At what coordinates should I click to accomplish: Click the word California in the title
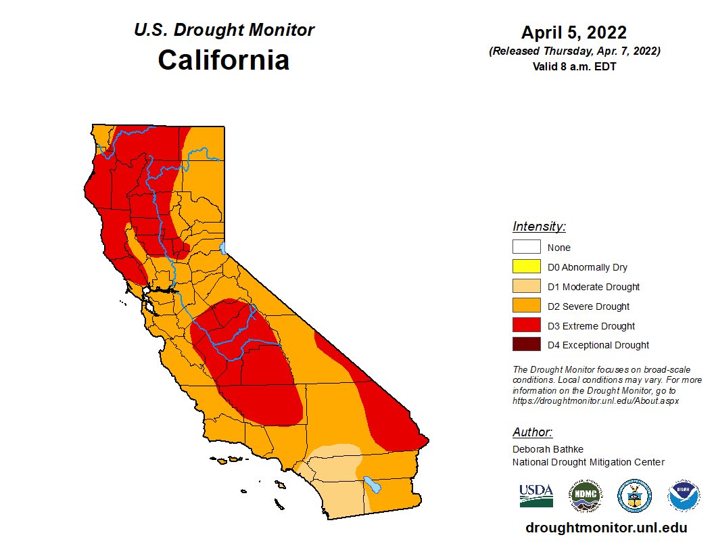(x=223, y=60)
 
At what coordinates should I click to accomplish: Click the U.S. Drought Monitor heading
(x=224, y=30)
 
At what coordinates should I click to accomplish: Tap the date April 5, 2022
(x=573, y=32)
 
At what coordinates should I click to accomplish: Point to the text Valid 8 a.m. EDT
(x=573, y=66)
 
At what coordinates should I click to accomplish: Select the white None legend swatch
(x=526, y=248)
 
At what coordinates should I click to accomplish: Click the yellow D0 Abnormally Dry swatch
(x=526, y=267)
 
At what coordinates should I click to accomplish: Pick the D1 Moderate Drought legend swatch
(x=526, y=287)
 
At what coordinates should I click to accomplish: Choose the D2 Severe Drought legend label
(x=588, y=306)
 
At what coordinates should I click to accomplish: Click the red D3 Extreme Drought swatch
(x=526, y=326)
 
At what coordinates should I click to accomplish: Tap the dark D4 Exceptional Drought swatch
(x=526, y=345)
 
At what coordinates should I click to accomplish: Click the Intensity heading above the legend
(x=539, y=227)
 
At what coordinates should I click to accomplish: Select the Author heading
(x=532, y=432)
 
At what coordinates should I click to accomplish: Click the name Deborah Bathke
(x=548, y=449)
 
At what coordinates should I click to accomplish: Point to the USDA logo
(x=535, y=496)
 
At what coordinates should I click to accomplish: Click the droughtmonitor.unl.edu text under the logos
(x=606, y=528)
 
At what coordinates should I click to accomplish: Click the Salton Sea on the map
(x=371, y=484)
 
